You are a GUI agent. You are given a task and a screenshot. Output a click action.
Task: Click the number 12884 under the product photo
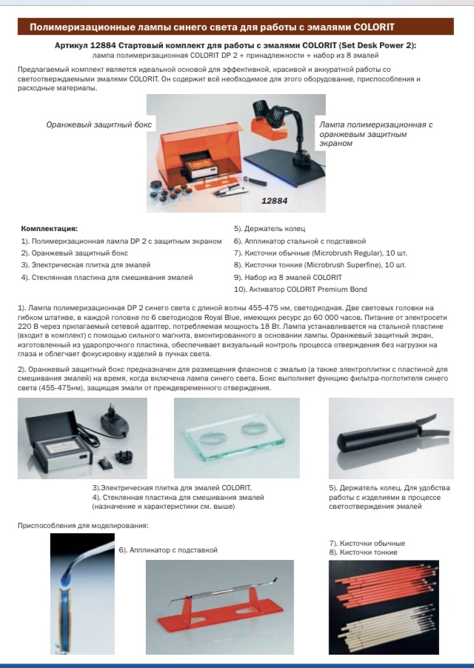274,199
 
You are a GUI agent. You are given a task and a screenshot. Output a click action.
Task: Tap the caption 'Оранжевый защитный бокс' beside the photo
99,124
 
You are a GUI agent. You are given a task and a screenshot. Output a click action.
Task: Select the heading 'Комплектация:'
50,229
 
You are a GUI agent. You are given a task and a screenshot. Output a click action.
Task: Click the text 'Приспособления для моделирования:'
82,525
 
